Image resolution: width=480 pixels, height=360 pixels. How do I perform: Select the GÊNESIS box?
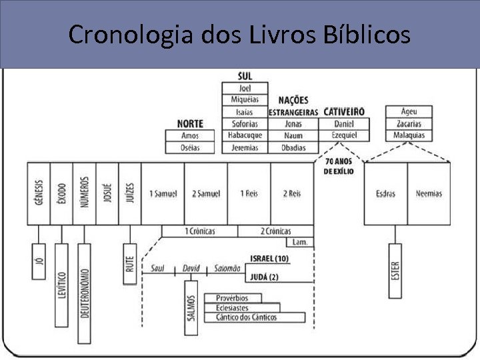[38, 193]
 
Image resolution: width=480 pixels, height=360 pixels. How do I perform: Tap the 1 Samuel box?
[163, 193]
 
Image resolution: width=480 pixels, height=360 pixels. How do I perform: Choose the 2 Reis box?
[291, 193]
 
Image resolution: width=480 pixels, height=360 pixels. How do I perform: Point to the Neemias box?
[429, 193]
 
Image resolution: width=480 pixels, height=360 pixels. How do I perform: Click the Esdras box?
[385, 193]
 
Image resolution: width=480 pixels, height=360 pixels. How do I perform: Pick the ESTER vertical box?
[395, 270]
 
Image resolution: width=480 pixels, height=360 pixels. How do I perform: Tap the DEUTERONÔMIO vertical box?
[84, 293]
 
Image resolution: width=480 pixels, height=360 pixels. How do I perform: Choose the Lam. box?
[300, 242]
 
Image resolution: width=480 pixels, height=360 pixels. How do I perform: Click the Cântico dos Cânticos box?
[255, 317]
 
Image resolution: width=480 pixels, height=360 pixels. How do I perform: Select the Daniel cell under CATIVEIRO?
[344, 124]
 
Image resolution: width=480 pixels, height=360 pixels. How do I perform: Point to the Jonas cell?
[293, 124]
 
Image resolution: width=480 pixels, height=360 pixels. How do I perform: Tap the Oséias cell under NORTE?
[190, 147]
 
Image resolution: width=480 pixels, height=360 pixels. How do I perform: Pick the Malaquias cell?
[409, 135]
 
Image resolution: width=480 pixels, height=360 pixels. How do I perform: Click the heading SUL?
[245, 76]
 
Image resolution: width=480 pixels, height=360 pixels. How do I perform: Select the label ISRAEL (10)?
[269, 258]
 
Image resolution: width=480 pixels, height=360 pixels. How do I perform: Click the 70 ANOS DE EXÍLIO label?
[339, 167]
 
